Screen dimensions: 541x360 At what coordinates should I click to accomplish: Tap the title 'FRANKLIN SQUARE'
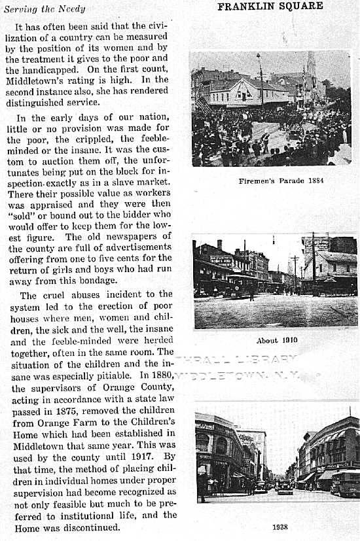pyautogui.click(x=270, y=7)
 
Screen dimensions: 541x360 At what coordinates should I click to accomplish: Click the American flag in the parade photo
pyautogui.click(x=203, y=105)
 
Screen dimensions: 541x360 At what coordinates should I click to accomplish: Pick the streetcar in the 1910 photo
pyautogui.click(x=240, y=285)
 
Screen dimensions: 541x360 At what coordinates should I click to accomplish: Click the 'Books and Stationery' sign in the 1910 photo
pyautogui.click(x=221, y=260)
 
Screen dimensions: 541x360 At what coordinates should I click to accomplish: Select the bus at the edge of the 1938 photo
pyautogui.click(x=346, y=481)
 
